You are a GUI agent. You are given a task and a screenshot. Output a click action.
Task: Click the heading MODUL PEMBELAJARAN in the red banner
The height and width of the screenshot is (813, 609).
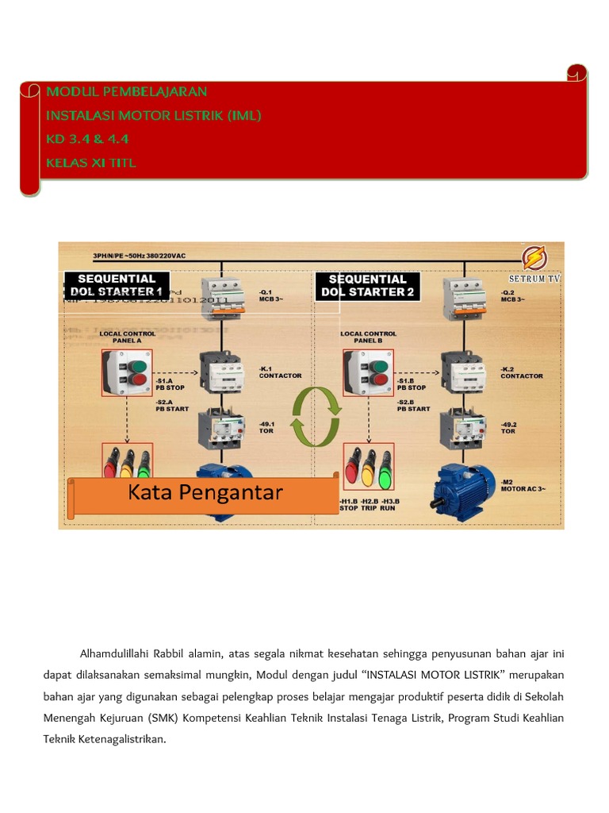click(126, 91)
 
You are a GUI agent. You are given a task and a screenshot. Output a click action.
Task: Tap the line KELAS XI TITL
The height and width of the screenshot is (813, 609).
click(91, 163)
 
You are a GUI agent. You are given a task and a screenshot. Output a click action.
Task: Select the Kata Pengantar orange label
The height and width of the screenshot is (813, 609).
click(205, 493)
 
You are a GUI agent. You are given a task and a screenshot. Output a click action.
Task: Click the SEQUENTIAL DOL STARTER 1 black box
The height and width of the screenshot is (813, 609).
click(117, 285)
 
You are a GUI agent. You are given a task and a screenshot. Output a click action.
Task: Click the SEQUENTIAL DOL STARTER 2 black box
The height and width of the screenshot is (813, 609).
click(367, 285)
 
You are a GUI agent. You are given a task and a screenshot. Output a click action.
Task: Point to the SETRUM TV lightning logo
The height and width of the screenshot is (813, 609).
click(534, 259)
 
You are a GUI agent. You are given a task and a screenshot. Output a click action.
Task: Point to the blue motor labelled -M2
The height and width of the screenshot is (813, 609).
click(464, 487)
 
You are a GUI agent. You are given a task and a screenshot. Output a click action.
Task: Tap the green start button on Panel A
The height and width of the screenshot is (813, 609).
click(137, 367)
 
